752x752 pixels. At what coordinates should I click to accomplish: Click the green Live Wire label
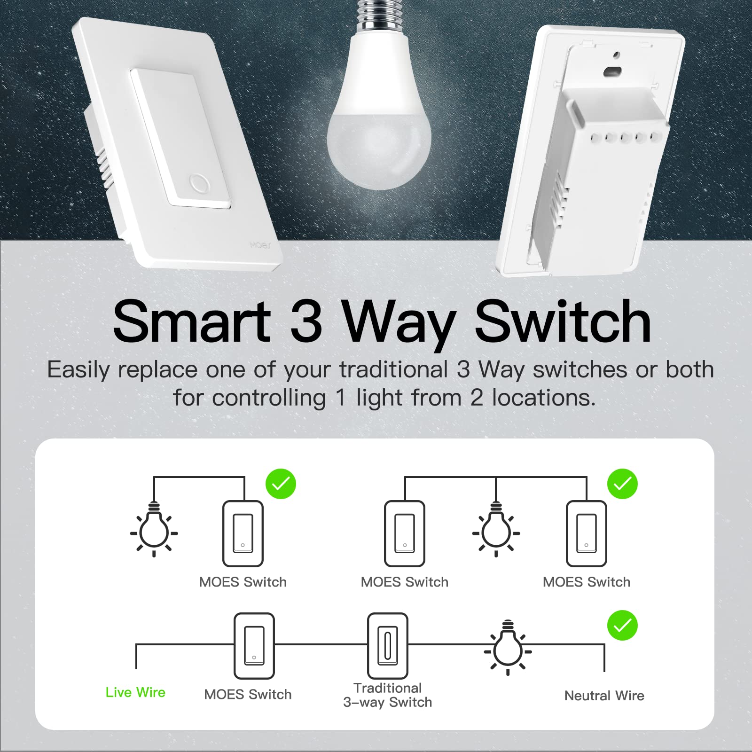(135, 692)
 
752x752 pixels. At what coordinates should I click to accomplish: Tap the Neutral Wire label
(604, 696)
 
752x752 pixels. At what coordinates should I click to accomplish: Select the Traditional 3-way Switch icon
(387, 646)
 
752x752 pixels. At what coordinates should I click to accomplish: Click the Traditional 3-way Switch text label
(387, 695)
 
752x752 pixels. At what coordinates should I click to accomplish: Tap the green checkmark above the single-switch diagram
(281, 484)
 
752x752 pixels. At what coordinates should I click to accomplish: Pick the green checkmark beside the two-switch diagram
(622, 484)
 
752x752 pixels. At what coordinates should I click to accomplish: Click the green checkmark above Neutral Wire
(622, 625)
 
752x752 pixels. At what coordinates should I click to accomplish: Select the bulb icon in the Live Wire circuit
(508, 649)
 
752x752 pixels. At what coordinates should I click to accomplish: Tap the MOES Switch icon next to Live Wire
(254, 646)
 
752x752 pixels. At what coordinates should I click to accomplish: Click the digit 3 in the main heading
(306, 322)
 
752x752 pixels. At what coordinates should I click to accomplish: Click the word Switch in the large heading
(563, 322)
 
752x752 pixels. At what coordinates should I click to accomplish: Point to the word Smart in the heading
(191, 322)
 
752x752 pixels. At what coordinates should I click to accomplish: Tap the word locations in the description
(544, 398)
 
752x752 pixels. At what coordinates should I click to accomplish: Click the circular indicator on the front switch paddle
(199, 183)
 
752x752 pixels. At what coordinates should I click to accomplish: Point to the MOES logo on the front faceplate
(260, 245)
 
